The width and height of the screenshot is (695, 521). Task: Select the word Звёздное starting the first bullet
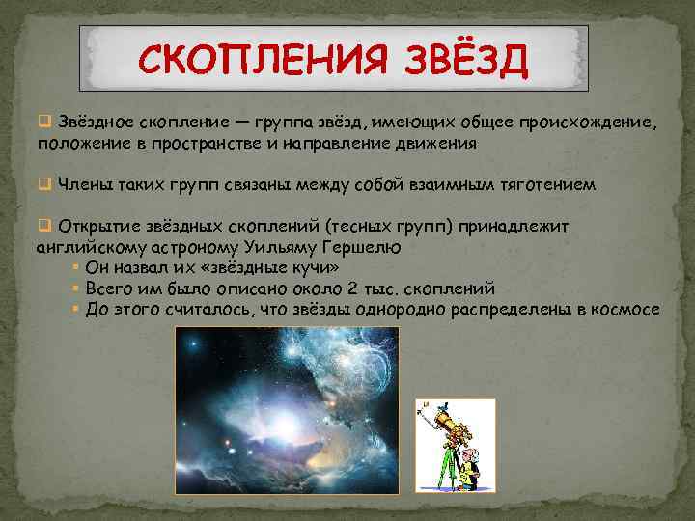pyautogui.click(x=97, y=123)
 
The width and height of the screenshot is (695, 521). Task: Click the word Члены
pyautogui.click(x=83, y=183)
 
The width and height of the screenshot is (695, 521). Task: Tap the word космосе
pyautogui.click(x=627, y=309)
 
